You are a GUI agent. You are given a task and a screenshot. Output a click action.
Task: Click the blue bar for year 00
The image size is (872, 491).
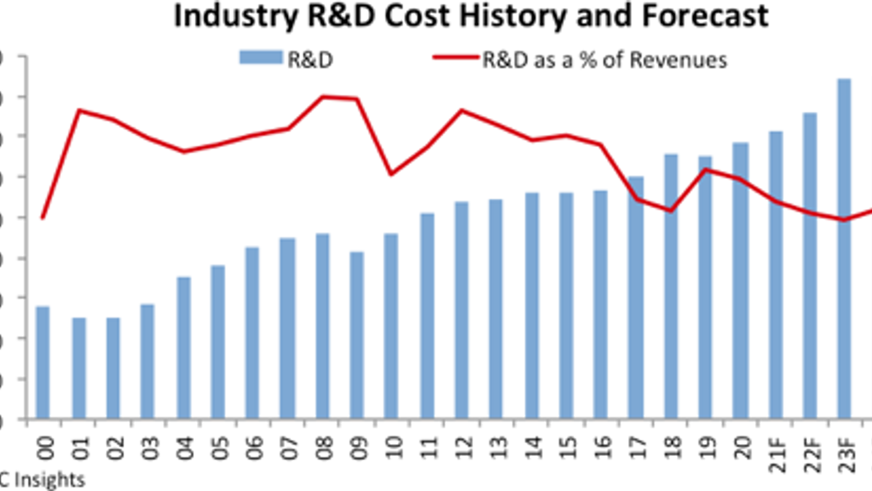43,363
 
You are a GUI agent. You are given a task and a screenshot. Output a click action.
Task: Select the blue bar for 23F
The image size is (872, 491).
844,249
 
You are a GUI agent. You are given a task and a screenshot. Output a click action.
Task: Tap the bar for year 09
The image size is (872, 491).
357,335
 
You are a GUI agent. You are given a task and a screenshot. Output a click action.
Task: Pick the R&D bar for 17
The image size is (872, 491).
635,297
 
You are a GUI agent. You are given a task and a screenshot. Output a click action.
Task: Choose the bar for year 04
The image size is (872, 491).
184,348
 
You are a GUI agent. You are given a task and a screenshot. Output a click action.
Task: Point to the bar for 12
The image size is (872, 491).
462,310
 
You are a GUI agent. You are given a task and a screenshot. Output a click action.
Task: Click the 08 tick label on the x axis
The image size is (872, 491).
324,448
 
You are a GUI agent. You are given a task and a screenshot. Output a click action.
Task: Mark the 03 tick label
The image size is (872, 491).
150,448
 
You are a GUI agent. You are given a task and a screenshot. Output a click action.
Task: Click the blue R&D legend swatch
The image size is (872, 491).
261,57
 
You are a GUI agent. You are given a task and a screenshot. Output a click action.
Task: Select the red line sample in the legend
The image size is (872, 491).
456,57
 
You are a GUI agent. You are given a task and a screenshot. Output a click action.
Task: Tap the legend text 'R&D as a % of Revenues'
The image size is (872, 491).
604,60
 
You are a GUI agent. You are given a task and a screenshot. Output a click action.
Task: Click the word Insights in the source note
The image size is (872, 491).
49,480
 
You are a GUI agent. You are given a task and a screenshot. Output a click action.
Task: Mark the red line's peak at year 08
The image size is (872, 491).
323,97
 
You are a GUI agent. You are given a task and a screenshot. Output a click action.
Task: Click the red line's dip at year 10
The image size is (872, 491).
391,174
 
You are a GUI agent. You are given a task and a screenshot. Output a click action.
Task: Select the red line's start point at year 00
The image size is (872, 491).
43,218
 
